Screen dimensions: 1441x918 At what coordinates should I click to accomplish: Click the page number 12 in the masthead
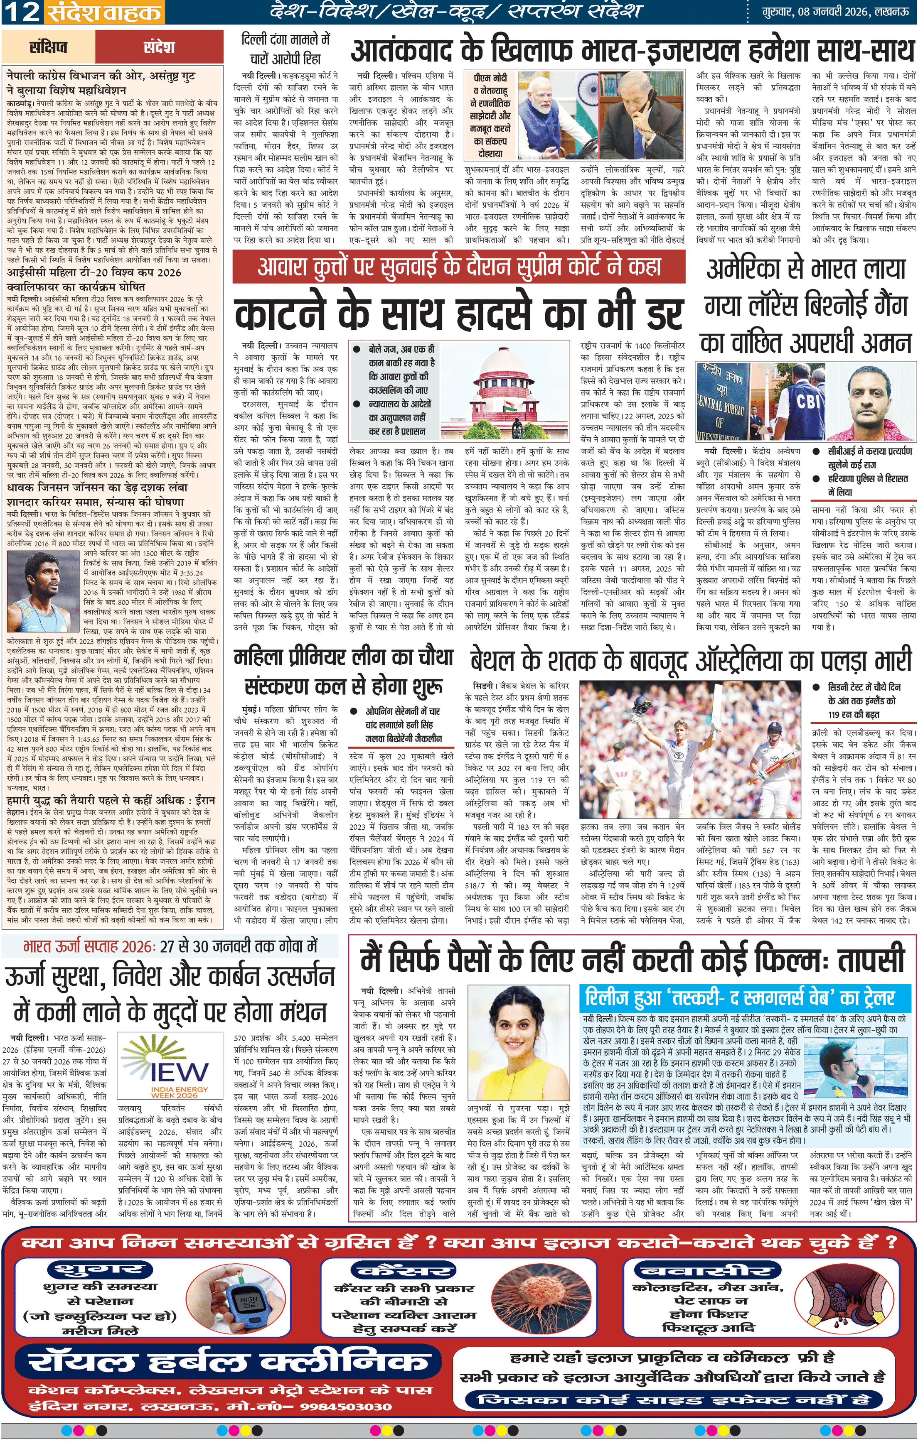click(x=21, y=12)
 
